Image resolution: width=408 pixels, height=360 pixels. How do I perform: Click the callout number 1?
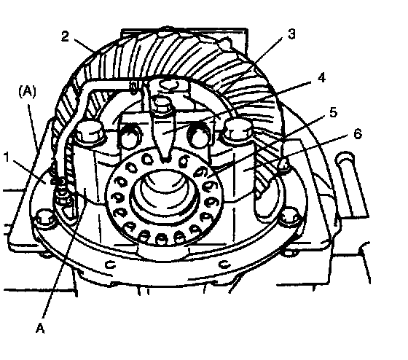(7, 157)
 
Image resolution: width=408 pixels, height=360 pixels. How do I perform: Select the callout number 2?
(65, 36)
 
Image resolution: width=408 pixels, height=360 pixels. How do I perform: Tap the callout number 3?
(291, 34)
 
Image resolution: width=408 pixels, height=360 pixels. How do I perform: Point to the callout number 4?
(321, 77)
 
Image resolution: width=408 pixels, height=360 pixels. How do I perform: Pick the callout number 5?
(333, 112)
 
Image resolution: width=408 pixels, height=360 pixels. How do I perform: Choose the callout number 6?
(358, 134)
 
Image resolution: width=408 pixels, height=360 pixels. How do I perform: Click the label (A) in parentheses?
(27, 92)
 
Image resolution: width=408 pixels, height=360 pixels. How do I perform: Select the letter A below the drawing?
(40, 328)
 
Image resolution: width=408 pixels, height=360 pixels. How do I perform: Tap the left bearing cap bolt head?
(89, 132)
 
